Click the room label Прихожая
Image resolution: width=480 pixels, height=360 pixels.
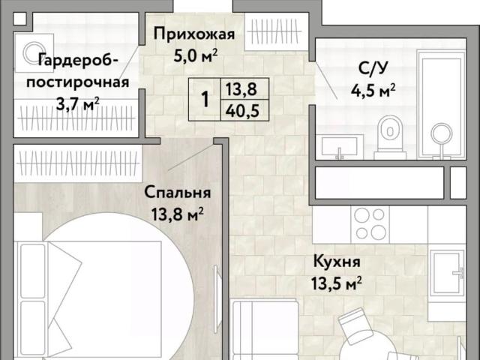(x=194, y=34)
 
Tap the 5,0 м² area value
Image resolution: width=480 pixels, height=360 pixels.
(x=196, y=55)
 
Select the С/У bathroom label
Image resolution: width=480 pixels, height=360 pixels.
(x=373, y=68)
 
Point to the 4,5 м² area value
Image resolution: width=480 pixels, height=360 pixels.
(x=373, y=90)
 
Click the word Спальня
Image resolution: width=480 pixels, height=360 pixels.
(x=178, y=193)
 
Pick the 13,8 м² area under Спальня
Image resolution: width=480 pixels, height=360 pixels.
(x=178, y=214)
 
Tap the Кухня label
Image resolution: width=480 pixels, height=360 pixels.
(x=337, y=262)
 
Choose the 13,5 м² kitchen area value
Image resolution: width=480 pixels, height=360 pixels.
(x=337, y=283)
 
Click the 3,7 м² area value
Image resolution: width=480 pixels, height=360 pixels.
(x=78, y=104)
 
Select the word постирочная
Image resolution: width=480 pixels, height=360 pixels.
(x=78, y=82)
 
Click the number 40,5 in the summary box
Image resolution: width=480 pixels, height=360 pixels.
(x=242, y=111)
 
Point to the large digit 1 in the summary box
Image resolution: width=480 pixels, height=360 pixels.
(x=205, y=99)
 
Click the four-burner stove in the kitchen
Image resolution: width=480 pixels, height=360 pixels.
(x=370, y=224)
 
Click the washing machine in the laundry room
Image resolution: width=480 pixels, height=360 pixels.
(x=34, y=53)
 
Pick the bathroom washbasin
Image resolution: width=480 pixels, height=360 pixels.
(x=340, y=147)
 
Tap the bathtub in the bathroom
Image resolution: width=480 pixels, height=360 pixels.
(x=441, y=104)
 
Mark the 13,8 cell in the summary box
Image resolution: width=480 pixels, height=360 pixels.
(x=245, y=89)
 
